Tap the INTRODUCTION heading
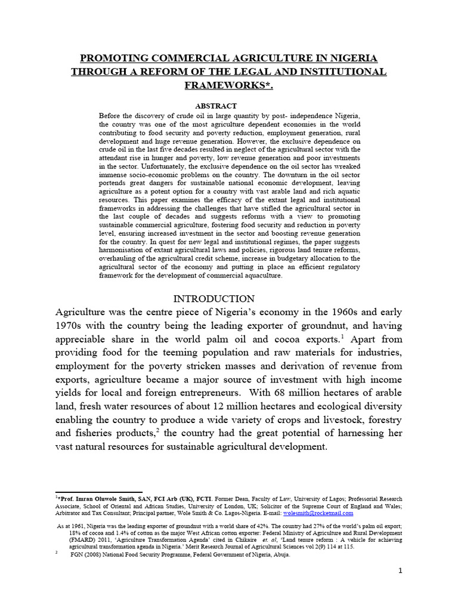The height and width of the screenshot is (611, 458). pyautogui.click(x=213, y=298)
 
